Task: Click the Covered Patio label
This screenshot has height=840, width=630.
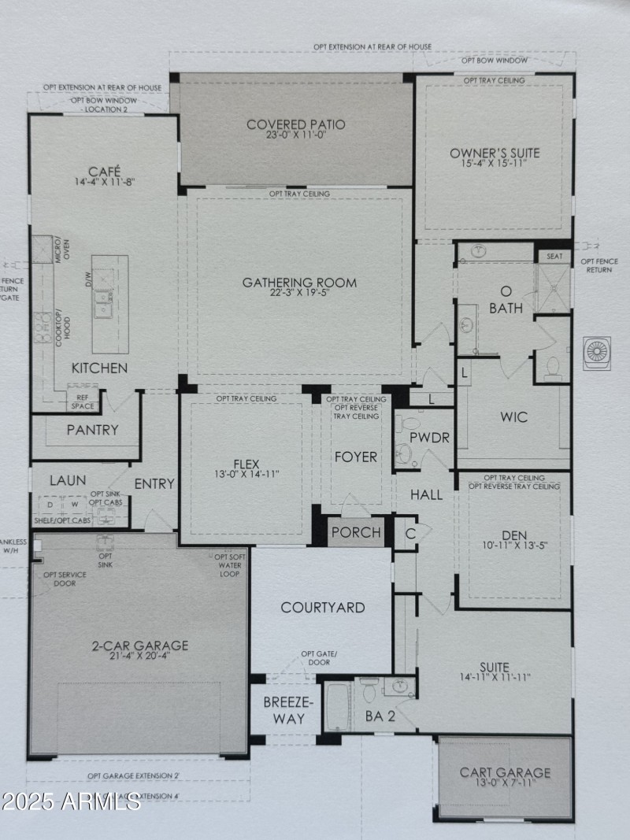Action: [x=295, y=124]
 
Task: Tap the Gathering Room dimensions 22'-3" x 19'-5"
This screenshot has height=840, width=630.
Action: [x=299, y=295]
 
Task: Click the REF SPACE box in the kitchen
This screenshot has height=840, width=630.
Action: [x=82, y=401]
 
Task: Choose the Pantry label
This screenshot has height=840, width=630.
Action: [x=92, y=430]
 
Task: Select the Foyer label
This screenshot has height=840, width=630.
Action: [x=356, y=457]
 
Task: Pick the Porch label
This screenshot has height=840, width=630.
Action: [x=356, y=533]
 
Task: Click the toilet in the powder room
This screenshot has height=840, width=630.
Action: [x=402, y=453]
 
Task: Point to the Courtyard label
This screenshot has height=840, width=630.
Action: [x=323, y=607]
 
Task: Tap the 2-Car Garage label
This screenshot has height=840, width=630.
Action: [x=139, y=646]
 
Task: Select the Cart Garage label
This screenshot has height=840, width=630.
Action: [x=505, y=772]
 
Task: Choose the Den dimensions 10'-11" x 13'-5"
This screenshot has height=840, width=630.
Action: [x=515, y=549]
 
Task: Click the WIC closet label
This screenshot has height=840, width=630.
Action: [x=513, y=416]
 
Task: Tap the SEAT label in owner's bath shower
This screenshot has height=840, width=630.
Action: [x=554, y=257]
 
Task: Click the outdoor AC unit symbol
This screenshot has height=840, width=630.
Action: [x=596, y=352]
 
